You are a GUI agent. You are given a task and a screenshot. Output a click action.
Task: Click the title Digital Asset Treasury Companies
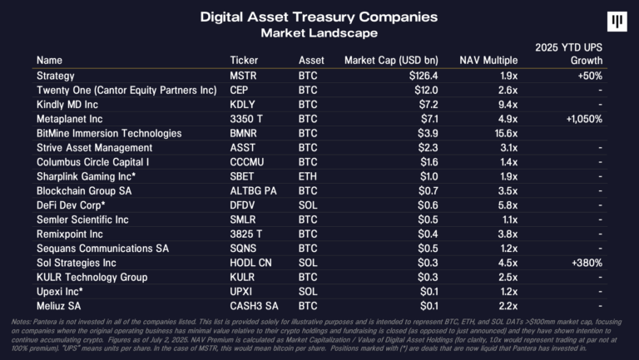(x=319, y=17)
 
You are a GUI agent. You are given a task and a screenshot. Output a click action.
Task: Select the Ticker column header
(x=244, y=61)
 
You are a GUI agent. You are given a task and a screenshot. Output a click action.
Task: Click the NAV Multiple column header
(x=488, y=61)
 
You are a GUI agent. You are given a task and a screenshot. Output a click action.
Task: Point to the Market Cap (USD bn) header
(x=390, y=61)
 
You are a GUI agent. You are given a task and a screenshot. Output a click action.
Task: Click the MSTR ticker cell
(x=243, y=76)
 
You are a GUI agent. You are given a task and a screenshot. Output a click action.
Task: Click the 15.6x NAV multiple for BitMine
(x=505, y=133)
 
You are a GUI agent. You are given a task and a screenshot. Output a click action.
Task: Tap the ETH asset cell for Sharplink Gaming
(x=307, y=176)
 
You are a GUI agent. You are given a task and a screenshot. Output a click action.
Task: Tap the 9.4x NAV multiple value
(x=508, y=105)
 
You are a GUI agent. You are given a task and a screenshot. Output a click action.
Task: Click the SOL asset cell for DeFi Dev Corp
(x=308, y=205)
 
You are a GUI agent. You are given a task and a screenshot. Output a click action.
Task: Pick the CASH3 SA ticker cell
(x=253, y=306)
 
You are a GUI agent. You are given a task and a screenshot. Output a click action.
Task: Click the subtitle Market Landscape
(x=319, y=33)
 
